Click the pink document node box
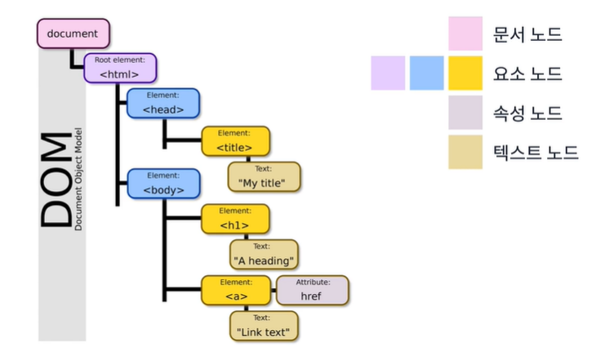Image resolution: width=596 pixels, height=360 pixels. [x=73, y=33]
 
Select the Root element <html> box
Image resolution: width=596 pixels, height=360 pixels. [x=120, y=69]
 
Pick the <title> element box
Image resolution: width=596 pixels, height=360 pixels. [x=234, y=141]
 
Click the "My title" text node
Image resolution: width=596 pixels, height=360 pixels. [x=263, y=177]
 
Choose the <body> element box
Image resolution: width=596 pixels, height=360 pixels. [x=163, y=184]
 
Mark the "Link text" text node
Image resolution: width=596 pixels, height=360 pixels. [x=263, y=326]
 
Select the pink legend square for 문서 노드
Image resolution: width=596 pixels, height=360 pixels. [x=465, y=34]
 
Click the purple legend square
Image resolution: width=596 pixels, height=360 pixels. [x=388, y=73]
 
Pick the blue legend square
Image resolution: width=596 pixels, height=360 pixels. [x=426, y=73]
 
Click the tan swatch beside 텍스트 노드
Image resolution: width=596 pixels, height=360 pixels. [x=465, y=152]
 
